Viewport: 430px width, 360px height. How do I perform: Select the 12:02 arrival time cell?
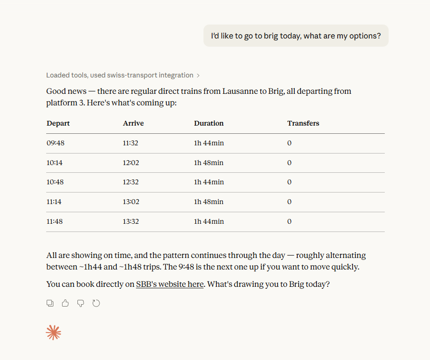coord(131,163)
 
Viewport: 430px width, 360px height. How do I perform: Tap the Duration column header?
coord(209,123)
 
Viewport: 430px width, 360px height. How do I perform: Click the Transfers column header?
coord(303,123)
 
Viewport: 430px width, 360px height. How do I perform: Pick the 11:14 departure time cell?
coord(54,202)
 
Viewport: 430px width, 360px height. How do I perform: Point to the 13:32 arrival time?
coord(131,221)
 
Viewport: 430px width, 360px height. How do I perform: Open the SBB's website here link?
coord(170,284)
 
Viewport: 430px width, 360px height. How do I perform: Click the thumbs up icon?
coord(65,303)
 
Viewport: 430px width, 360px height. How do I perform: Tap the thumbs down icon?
coord(81,303)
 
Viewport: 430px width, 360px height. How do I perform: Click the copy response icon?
coord(50,303)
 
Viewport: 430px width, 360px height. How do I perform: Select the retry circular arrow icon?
coord(96,303)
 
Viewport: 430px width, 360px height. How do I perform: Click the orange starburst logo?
coord(53,333)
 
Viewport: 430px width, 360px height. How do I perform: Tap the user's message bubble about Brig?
coord(296,36)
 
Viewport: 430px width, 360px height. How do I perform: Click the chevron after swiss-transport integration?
coord(198,76)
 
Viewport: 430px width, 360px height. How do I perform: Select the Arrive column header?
coord(133,123)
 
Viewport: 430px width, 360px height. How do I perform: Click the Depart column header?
coord(58,123)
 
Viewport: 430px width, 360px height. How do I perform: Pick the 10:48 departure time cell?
coord(55,182)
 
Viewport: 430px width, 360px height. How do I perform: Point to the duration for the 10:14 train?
coord(209,163)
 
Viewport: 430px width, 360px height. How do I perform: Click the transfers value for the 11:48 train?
coord(289,221)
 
